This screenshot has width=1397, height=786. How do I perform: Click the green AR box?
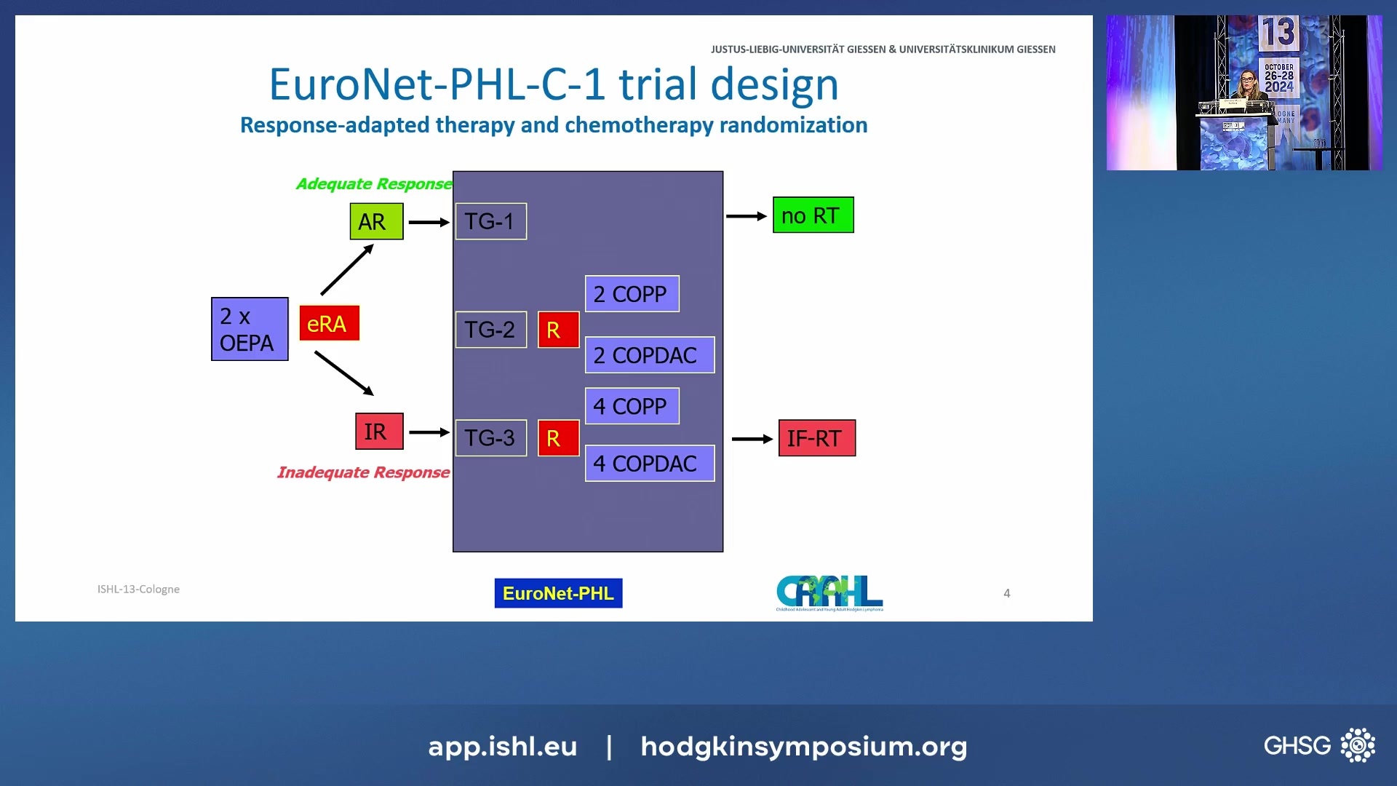376,221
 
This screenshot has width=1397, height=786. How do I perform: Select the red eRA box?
329,323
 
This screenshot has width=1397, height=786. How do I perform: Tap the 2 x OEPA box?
250,329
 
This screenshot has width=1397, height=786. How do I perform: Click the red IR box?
378,432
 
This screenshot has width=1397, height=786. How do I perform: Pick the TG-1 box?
491,221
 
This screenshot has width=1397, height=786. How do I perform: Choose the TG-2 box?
491,330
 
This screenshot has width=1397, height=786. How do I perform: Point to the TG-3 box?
491,438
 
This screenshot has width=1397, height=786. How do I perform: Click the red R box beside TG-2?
558,330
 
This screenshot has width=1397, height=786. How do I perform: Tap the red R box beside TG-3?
558,438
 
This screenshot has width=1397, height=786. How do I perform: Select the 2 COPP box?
632,294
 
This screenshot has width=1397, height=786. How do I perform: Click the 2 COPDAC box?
649,355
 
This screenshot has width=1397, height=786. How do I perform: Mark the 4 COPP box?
632,406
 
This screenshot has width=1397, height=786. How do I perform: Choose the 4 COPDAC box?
649,464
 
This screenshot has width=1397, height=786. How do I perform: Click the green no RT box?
813,215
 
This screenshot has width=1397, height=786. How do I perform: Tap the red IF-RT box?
816,438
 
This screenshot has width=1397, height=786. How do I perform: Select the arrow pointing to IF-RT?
752,439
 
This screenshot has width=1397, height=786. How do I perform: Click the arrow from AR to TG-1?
429,222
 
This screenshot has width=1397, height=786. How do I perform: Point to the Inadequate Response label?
363,472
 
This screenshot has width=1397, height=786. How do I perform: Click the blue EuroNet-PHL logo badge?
558,593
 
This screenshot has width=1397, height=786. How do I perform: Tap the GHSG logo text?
1297,745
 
